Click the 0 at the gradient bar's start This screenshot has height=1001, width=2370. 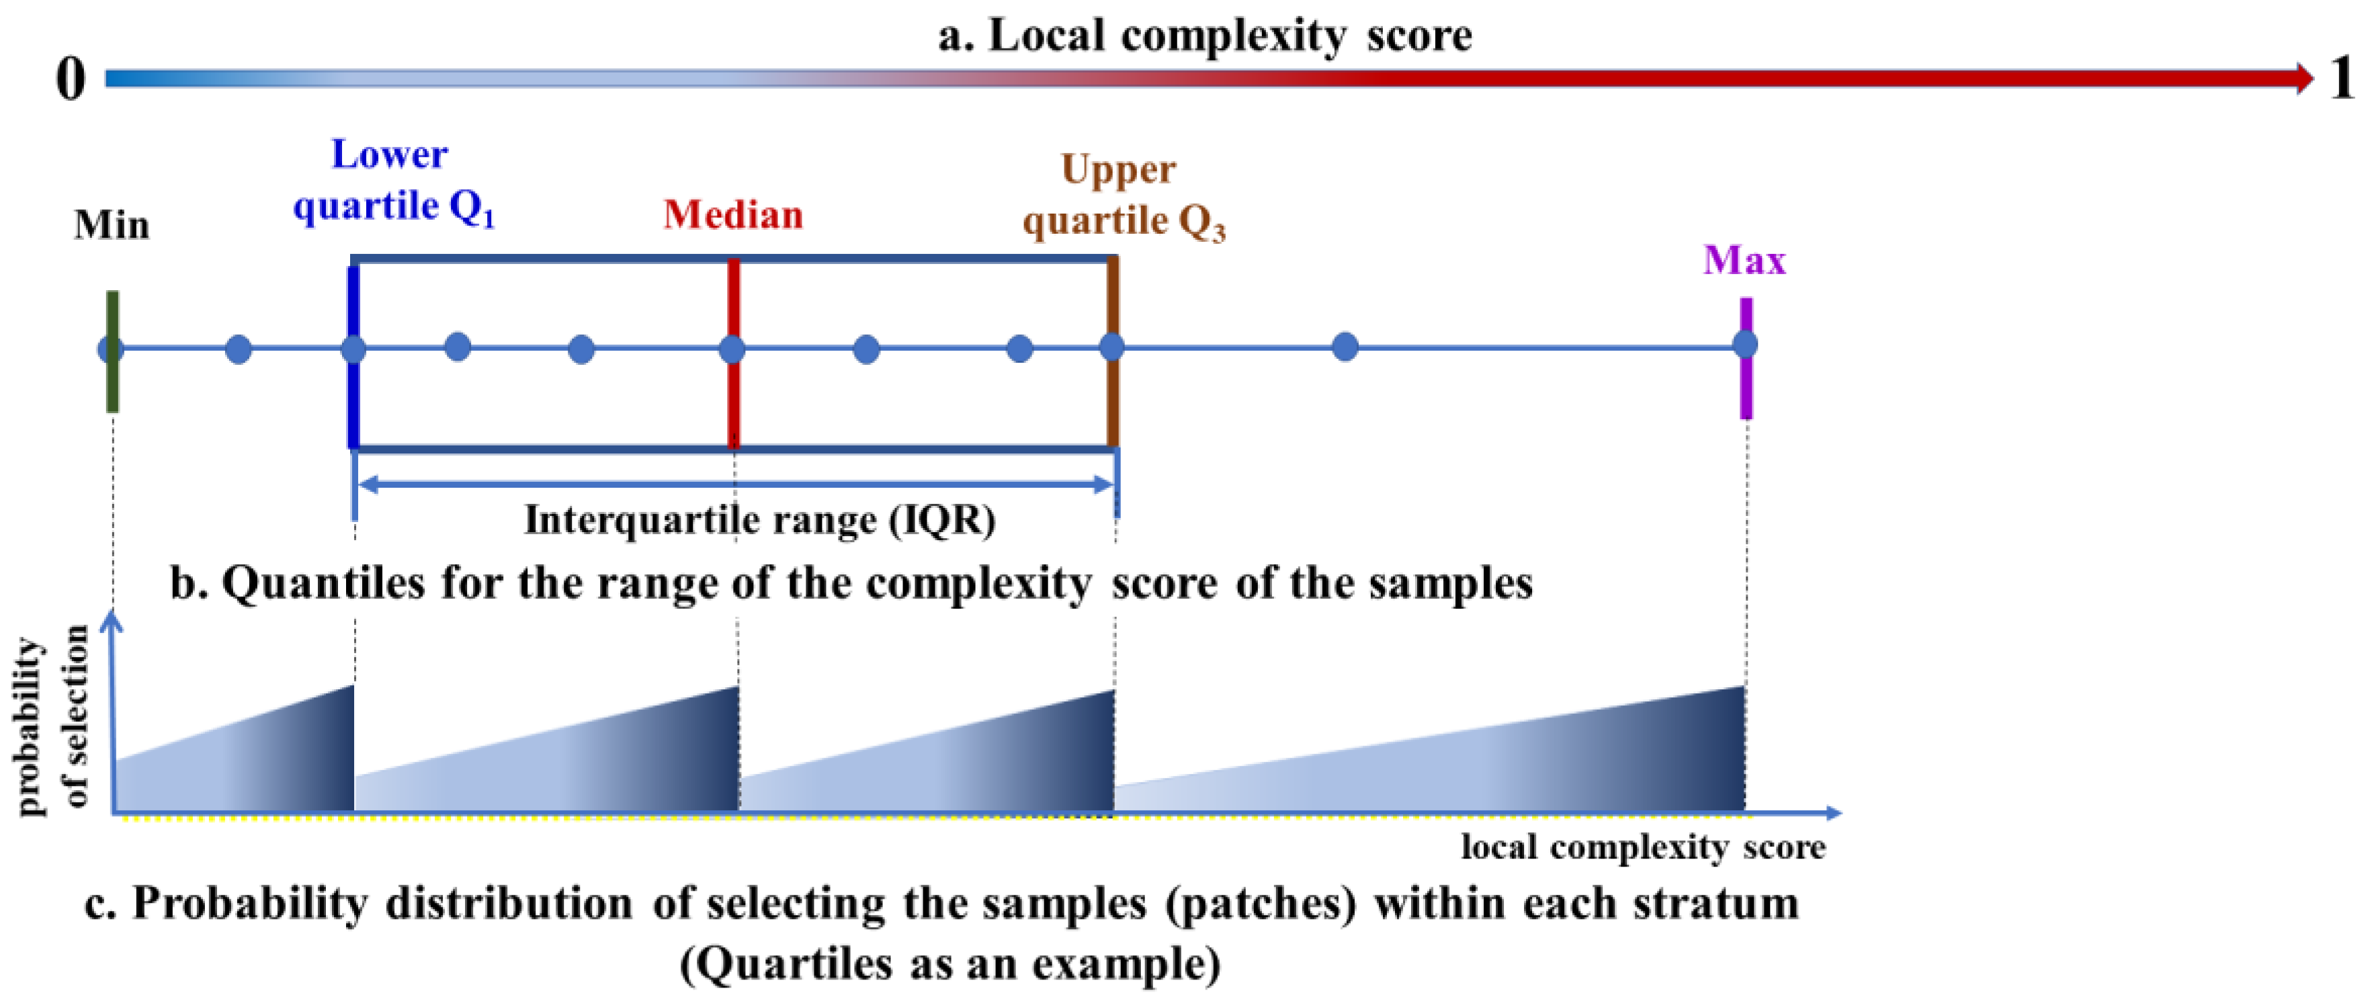click(x=70, y=79)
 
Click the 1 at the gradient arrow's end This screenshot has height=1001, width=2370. click(x=2342, y=78)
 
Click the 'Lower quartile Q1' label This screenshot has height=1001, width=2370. click(x=393, y=180)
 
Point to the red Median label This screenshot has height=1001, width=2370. click(x=733, y=215)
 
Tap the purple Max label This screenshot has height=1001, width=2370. click(x=1744, y=261)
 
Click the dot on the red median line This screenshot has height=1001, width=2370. click(x=732, y=349)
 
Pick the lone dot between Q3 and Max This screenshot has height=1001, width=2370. click(x=1345, y=347)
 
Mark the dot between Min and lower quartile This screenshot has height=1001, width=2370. click(x=239, y=349)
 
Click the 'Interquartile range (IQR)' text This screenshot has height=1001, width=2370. click(x=760, y=521)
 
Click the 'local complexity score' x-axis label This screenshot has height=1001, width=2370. click(x=1643, y=846)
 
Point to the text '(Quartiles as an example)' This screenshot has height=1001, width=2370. click(x=950, y=964)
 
